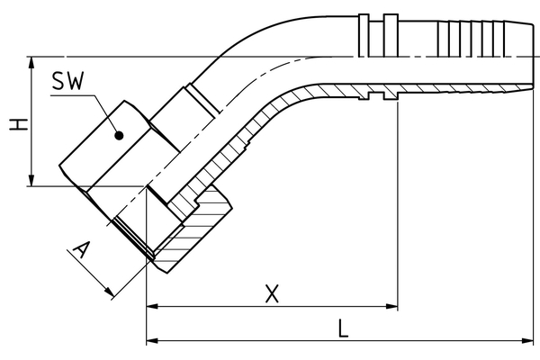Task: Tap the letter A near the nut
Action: click(82, 251)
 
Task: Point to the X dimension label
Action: click(272, 292)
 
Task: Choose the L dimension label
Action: click(342, 328)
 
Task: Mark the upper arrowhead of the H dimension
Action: click(32, 62)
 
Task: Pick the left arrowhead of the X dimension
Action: click(151, 307)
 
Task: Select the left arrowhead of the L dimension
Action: click(151, 341)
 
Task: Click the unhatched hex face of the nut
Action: click(103, 148)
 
